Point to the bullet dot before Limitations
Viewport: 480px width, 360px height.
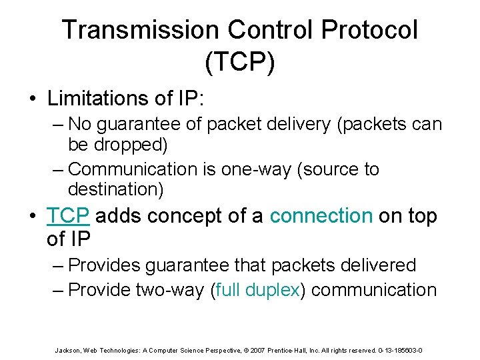coord(32,99)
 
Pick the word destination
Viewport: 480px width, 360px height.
coord(115,189)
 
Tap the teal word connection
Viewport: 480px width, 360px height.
coord(321,216)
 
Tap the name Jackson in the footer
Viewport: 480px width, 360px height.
coord(66,349)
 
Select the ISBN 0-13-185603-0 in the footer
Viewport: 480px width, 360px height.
coord(400,349)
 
